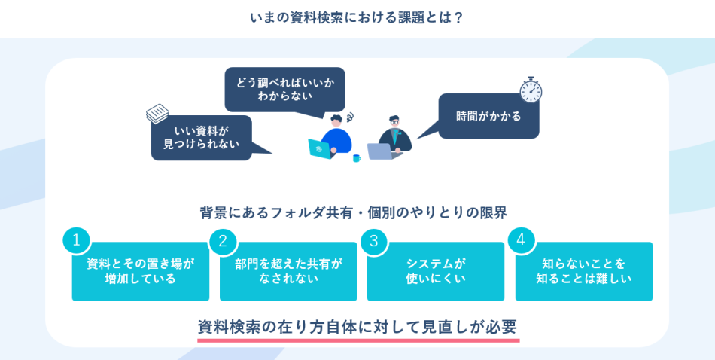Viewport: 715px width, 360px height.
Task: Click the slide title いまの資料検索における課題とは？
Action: [357, 17]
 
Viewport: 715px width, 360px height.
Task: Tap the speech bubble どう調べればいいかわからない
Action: [284, 89]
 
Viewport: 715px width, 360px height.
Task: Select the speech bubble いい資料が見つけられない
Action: [201, 137]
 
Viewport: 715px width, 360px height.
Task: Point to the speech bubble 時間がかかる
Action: [488, 116]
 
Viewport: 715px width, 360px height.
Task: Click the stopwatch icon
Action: [531, 90]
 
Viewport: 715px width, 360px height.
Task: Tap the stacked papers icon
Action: [157, 114]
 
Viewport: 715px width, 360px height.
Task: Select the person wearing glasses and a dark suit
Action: [394, 135]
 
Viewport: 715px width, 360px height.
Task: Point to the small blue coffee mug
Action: [357, 158]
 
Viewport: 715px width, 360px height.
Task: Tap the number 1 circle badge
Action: [76, 241]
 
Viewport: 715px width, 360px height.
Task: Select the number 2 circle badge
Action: [223, 241]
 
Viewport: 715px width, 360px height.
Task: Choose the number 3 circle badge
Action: [373, 241]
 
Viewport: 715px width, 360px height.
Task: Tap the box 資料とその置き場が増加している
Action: [141, 272]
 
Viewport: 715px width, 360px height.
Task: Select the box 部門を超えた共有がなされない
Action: [288, 272]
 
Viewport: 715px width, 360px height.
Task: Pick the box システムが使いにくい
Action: [436, 272]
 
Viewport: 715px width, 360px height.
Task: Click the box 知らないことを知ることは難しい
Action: [584, 272]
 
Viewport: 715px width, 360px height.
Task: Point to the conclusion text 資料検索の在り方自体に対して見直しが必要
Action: [357, 327]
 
